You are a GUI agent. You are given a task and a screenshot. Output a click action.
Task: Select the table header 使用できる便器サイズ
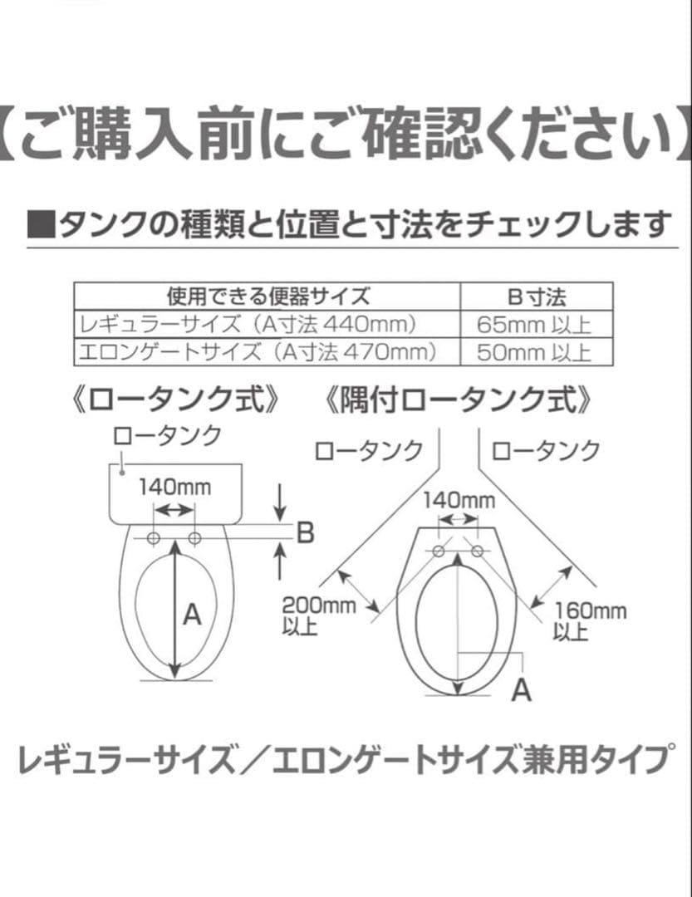tap(267, 297)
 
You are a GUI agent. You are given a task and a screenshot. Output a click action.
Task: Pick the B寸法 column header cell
tap(537, 297)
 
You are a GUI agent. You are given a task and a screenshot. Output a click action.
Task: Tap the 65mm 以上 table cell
tap(537, 324)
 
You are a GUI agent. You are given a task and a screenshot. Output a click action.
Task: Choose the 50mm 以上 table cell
tap(537, 352)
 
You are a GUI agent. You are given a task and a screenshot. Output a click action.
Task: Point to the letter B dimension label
tap(306, 532)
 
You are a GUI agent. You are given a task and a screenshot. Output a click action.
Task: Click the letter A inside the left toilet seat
tap(193, 615)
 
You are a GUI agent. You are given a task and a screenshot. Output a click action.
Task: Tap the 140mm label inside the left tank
tap(174, 487)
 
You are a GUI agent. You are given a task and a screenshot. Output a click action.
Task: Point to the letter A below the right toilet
tap(521, 689)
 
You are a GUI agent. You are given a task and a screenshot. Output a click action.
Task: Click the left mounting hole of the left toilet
tap(153, 539)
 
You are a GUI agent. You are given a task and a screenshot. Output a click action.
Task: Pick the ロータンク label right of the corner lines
tap(545, 451)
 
